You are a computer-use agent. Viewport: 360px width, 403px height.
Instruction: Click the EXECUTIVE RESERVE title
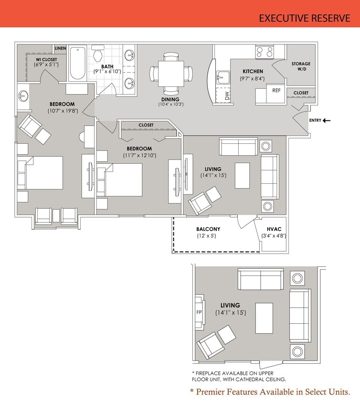305,18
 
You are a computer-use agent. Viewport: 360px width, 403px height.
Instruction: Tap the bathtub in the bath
77,63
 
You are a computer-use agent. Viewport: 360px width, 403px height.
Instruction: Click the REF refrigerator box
276,90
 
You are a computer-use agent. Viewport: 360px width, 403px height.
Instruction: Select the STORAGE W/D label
301,67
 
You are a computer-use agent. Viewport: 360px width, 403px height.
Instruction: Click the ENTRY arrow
327,120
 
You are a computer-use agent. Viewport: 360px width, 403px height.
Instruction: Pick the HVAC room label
274,229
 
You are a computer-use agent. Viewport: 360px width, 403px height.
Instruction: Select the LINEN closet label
60,49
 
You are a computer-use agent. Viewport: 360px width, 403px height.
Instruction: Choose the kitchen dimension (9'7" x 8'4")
253,78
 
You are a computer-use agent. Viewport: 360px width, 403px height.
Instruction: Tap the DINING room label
170,99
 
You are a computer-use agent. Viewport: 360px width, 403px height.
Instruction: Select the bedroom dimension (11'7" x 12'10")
139,155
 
